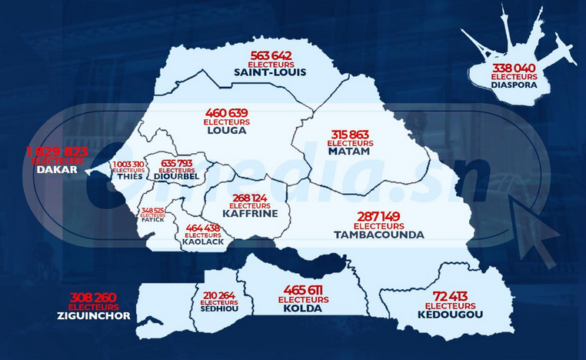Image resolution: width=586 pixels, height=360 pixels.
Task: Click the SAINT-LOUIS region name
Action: (x=271, y=73)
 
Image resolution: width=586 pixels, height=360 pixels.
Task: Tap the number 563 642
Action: (x=271, y=55)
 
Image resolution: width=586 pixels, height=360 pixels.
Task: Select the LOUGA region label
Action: (x=226, y=131)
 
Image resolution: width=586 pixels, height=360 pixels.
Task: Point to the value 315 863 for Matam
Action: (x=350, y=134)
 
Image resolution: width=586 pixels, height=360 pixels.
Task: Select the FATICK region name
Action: (x=152, y=220)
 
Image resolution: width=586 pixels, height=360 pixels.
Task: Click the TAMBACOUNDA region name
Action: (x=379, y=235)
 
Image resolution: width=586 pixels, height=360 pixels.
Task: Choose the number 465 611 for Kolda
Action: (x=303, y=291)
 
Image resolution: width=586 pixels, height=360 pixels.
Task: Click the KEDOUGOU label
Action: (x=450, y=314)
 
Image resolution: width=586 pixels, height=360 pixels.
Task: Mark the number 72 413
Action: (x=450, y=296)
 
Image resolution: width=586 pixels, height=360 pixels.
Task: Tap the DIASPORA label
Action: (x=514, y=85)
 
